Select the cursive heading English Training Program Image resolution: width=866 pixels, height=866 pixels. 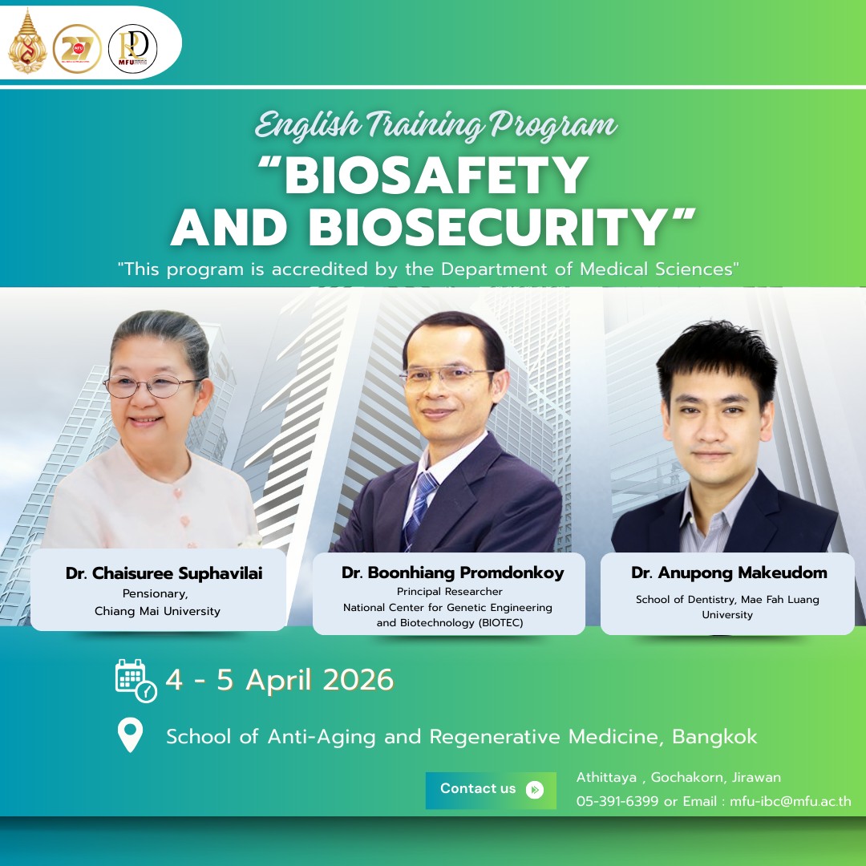click(436, 125)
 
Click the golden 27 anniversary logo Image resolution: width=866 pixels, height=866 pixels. click(77, 49)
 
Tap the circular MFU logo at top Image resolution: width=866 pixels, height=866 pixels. click(132, 49)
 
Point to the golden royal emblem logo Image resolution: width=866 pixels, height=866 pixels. click(26, 43)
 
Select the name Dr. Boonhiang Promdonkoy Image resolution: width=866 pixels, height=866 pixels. click(452, 573)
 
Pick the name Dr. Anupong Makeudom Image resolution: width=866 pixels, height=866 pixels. click(728, 573)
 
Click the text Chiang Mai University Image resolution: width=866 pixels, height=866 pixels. click(157, 611)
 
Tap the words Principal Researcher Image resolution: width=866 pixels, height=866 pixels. click(449, 592)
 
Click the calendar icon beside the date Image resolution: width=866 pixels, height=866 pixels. click(135, 680)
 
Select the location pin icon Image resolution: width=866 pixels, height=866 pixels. click(130, 734)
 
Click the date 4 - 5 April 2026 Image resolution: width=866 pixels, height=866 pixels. click(279, 680)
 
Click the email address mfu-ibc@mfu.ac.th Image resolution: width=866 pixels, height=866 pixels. click(791, 801)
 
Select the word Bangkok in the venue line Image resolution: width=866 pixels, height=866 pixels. click(714, 736)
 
